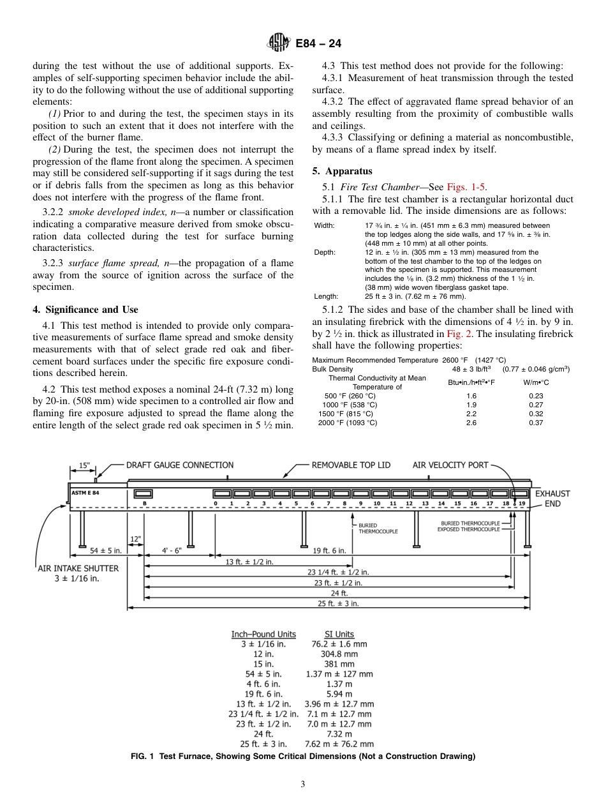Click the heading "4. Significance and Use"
85,310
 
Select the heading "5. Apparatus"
342,172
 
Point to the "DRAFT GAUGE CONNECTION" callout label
180,465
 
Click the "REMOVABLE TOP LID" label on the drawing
351,465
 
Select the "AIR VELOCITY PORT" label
450,465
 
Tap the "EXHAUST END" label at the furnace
552,499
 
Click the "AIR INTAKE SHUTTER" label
78,568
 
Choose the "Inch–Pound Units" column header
263,634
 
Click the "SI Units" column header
339,634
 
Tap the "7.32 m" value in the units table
339,734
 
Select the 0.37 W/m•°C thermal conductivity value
536,423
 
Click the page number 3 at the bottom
303,785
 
